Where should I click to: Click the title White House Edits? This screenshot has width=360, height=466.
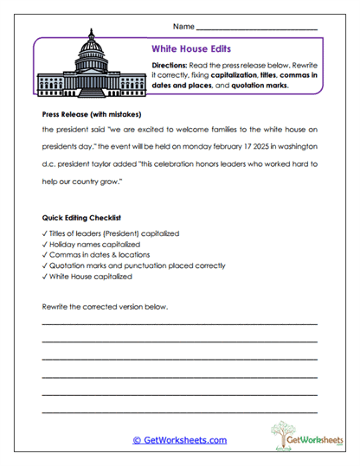point(190,50)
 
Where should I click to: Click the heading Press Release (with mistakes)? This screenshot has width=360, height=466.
point(91,113)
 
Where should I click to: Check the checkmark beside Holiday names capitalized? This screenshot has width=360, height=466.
point(44,245)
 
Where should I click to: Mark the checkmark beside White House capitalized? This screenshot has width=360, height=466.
point(44,278)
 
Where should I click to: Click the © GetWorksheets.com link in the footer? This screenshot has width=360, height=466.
point(180,440)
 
